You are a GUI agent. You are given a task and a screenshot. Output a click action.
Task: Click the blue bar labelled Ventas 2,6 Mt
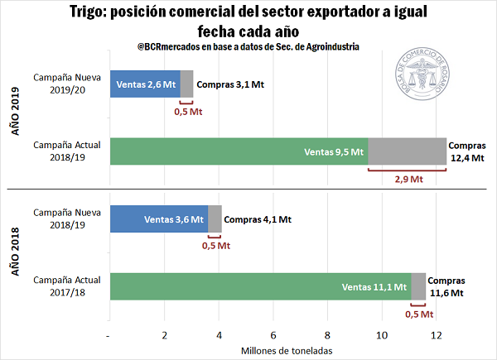(x=145, y=84)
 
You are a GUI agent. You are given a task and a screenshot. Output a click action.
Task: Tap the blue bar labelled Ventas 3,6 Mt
(x=158, y=219)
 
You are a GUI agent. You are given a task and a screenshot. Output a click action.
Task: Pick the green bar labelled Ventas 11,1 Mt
(x=260, y=287)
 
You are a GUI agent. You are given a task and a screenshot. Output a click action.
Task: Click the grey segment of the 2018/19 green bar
(x=407, y=151)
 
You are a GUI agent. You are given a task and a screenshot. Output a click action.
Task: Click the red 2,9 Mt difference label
(x=407, y=179)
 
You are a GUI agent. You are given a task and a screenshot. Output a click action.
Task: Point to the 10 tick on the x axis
(x=383, y=335)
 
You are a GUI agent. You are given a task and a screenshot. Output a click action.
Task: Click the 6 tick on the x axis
(x=273, y=335)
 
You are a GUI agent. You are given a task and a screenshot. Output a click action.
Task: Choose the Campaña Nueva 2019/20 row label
(x=67, y=84)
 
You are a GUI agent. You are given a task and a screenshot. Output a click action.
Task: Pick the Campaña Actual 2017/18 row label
(x=67, y=286)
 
